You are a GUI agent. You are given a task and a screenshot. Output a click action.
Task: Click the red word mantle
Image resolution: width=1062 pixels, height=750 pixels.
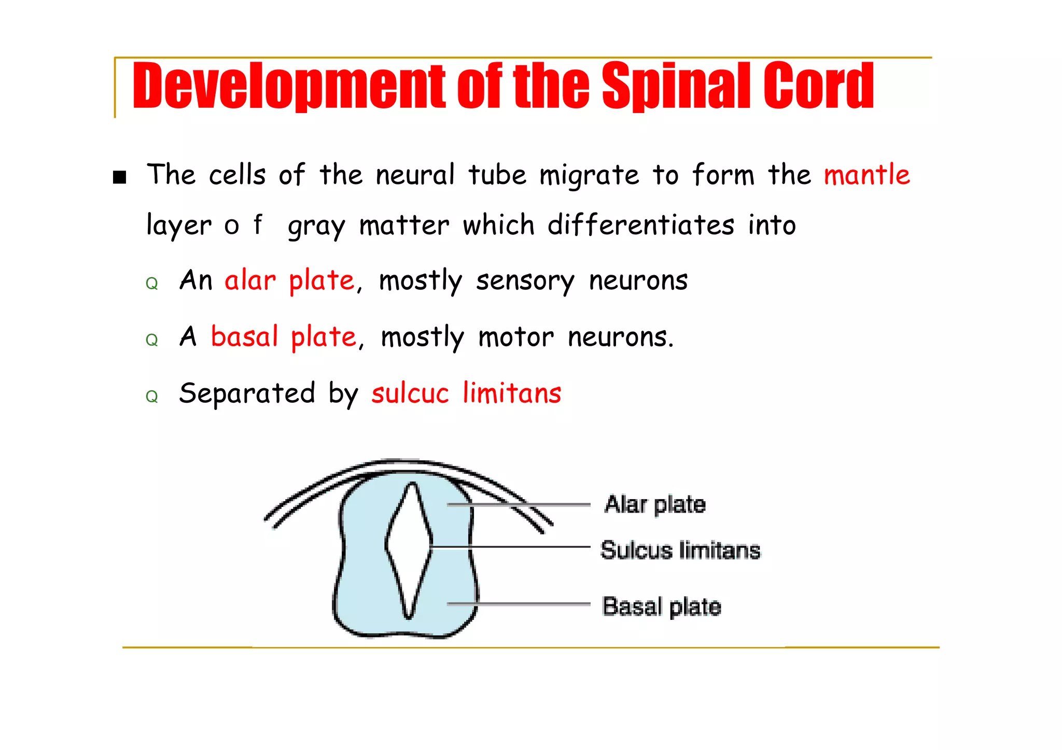click(867, 175)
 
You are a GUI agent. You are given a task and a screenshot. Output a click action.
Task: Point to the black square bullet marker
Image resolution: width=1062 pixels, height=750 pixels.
click(120, 177)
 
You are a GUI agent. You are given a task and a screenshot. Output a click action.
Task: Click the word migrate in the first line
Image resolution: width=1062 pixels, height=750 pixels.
click(589, 176)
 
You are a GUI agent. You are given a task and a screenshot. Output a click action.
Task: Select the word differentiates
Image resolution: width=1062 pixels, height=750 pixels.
click(641, 225)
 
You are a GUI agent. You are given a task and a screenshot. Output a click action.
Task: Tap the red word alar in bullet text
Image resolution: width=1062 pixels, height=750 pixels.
click(250, 280)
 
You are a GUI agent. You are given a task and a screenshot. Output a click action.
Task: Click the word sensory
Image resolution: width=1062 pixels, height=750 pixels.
click(525, 281)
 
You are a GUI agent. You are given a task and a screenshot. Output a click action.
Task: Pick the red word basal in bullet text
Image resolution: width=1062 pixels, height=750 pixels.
click(244, 337)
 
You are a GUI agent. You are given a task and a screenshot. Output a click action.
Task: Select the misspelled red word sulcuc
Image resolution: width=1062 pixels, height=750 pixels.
click(410, 393)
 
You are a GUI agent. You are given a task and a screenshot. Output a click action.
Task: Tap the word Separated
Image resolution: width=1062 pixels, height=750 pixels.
click(247, 393)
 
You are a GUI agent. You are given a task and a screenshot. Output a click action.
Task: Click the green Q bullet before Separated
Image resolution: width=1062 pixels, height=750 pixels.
click(151, 397)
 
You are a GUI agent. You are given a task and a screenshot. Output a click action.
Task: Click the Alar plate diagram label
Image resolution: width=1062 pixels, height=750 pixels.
click(655, 504)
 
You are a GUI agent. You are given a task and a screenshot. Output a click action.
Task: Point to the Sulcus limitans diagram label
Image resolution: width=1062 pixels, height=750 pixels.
click(680, 550)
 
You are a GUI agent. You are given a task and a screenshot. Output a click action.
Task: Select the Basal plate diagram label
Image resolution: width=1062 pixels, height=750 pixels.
click(662, 606)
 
